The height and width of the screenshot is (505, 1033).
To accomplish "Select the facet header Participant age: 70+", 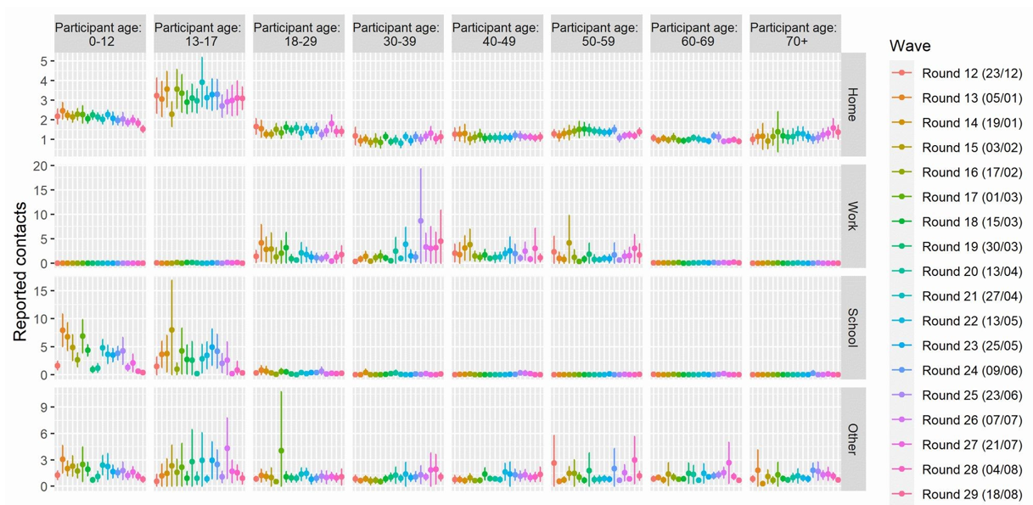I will coord(794,34).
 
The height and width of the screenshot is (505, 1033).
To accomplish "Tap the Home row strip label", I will coord(852,104).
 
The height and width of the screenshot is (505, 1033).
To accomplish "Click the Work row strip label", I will coord(852,216).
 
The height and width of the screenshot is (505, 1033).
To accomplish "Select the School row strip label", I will coord(852,327).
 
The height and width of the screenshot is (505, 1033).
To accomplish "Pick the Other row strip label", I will coord(852,438).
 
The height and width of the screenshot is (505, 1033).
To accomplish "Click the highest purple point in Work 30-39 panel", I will coord(420,221).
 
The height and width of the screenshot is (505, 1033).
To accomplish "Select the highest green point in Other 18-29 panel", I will coord(281,451).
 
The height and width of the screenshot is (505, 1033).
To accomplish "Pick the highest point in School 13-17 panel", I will coord(171,329).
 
